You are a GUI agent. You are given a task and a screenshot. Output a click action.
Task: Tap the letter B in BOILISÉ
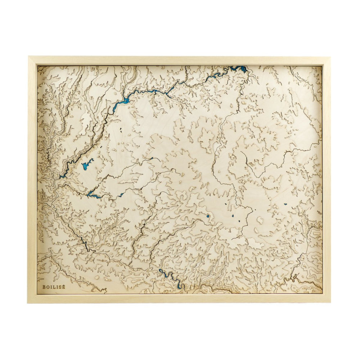coord(44,287)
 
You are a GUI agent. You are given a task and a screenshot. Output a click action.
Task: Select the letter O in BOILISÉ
coord(47,287)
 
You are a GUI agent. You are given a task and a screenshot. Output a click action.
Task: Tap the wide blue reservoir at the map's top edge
coord(238,68)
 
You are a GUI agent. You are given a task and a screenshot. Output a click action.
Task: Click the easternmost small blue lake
coord(285,204)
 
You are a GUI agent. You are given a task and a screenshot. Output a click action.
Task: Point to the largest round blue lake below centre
coord(208,216)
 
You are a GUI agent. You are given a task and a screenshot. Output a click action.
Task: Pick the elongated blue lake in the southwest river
coord(93,195)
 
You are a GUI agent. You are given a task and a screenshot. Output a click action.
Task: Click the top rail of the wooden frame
coord(180,60)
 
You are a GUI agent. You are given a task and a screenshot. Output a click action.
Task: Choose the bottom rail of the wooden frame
coord(180,298)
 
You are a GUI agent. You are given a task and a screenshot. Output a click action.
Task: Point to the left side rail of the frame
coord(32,180)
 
